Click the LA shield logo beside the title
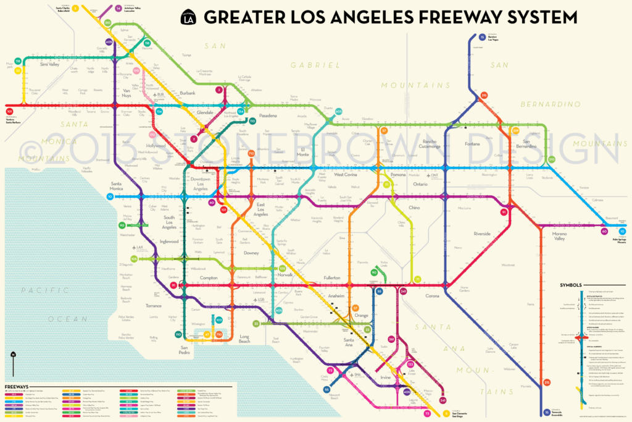click(x=188, y=17)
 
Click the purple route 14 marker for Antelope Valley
click(x=118, y=9)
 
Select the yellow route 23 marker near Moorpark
click(x=19, y=61)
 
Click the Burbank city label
click(x=186, y=93)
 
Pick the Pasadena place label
click(x=267, y=116)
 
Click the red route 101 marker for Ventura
click(x=9, y=112)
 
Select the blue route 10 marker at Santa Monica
click(x=110, y=196)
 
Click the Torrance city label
click(x=153, y=306)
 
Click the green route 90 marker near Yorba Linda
click(x=374, y=272)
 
